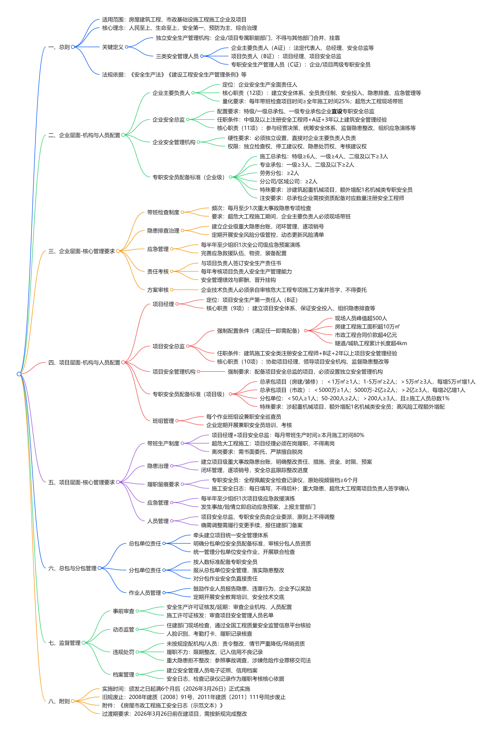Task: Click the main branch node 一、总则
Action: [x=59, y=47]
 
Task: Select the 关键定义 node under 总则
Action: [x=113, y=47]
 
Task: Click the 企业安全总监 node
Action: [x=169, y=119]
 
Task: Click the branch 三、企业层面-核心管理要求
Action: [x=81, y=251]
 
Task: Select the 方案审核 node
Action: [x=158, y=290]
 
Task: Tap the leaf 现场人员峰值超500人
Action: [x=361, y=318]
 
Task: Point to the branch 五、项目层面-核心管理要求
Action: [x=81, y=482]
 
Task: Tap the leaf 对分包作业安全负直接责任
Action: [x=225, y=578]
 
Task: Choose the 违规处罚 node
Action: [x=123, y=652]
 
